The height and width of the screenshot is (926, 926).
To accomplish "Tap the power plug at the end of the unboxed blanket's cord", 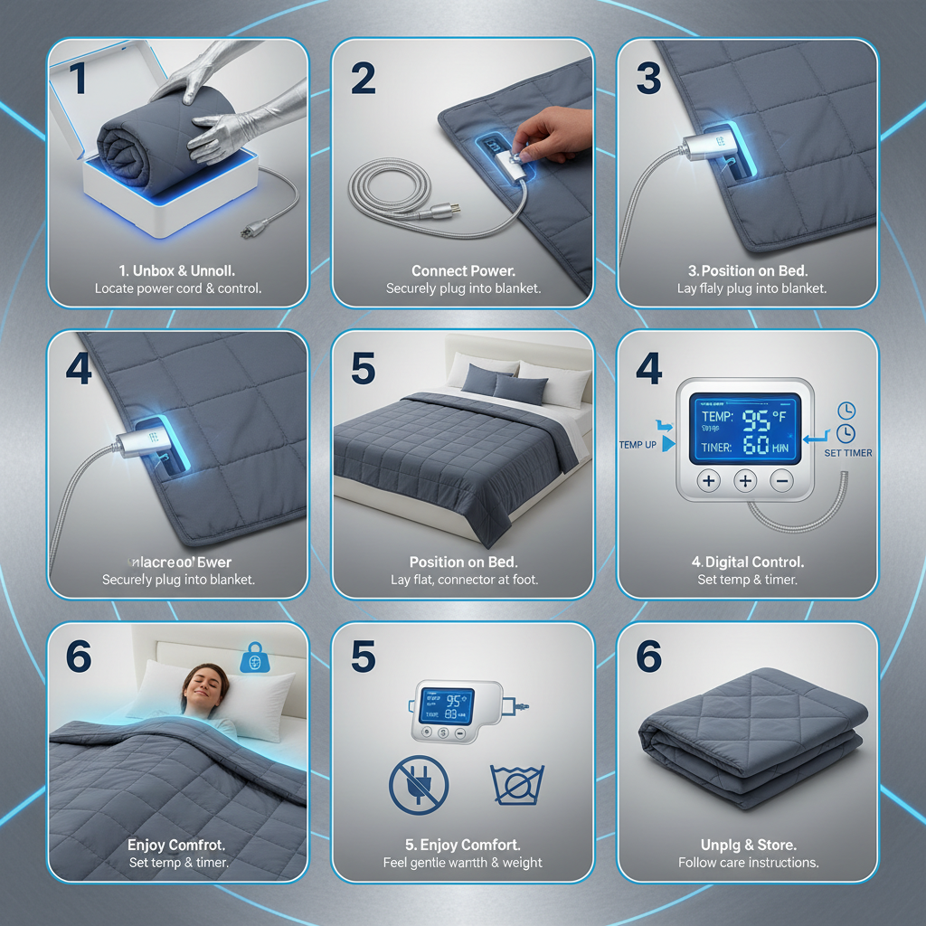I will tap(246, 232).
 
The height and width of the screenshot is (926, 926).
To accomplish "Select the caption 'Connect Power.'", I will tap(464, 270).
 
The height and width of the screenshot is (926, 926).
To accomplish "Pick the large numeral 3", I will tap(648, 79).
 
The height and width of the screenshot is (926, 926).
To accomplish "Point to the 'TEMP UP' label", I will tap(638, 444).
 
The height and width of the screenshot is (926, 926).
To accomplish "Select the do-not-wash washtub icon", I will tap(516, 783).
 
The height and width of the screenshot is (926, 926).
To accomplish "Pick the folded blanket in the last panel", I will tap(748, 736).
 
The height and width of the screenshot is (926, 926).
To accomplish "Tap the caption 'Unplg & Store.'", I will tap(748, 845).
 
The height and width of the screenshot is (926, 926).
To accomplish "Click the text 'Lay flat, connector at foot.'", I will tap(463, 580).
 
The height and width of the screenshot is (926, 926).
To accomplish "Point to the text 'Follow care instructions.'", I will tap(748, 863).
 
